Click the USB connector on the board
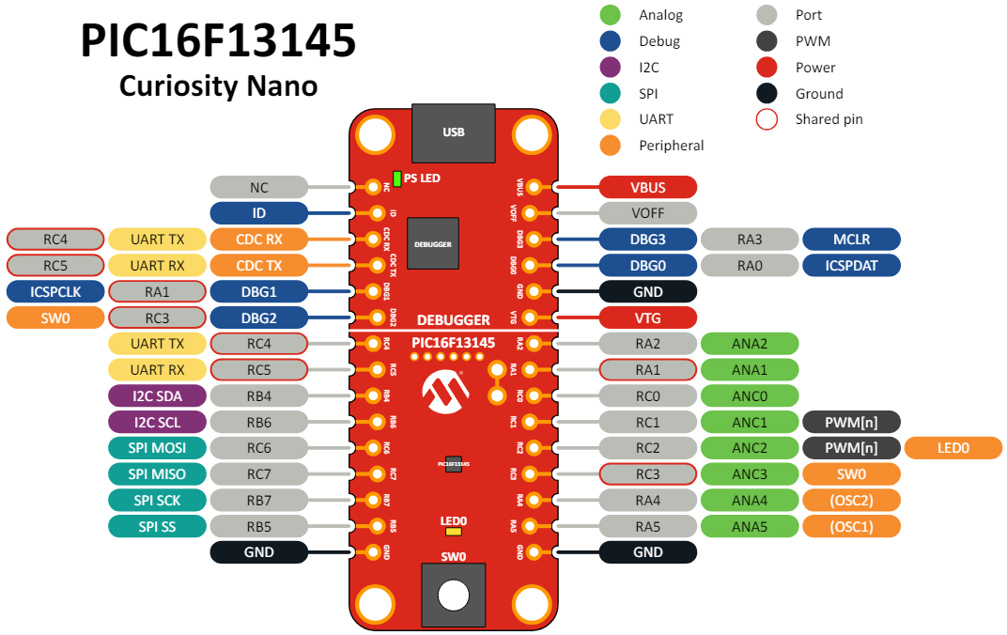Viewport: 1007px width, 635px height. click(453, 132)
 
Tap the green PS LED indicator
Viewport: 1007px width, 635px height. click(397, 178)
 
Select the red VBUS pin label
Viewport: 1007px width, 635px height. click(648, 188)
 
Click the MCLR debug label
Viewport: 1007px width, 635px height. click(851, 240)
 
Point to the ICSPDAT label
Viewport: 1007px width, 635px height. click(851, 266)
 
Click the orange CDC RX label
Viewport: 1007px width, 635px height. click(259, 240)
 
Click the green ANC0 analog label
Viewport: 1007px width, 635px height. click(750, 395)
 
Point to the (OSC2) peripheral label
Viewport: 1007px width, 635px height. click(851, 500)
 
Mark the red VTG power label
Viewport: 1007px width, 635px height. click(648, 317)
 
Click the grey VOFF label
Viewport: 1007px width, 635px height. click(648, 213)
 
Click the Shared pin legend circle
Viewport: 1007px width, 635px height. click(767, 119)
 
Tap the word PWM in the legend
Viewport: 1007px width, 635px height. click(813, 41)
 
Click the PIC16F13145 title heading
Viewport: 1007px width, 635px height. click(218, 42)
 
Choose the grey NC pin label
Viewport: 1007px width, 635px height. click(259, 188)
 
